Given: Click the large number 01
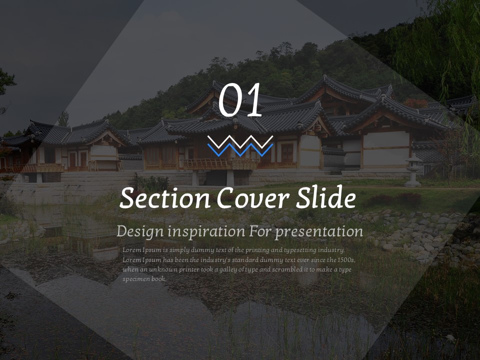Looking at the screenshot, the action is (x=240, y=100).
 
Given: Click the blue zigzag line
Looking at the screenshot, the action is (x=240, y=150).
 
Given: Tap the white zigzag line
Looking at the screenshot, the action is (x=240, y=141).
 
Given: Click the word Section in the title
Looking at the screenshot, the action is (x=164, y=198).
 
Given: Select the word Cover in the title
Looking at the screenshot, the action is (x=253, y=198).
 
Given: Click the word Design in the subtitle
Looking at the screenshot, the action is (x=140, y=231).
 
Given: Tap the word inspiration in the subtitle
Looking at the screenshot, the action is (x=206, y=231).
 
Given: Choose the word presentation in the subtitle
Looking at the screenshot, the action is (x=318, y=232).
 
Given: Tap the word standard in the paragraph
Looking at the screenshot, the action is (x=245, y=260).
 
